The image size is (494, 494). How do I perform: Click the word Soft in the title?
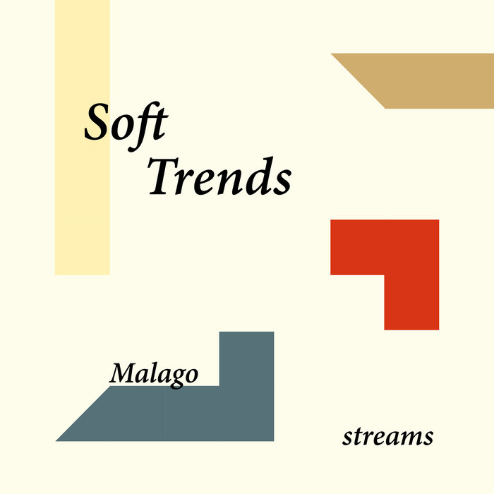(126, 122)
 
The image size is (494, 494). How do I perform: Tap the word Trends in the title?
(219, 176)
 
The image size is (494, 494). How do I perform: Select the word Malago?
(153, 373)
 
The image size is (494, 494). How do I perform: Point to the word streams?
(387, 437)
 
